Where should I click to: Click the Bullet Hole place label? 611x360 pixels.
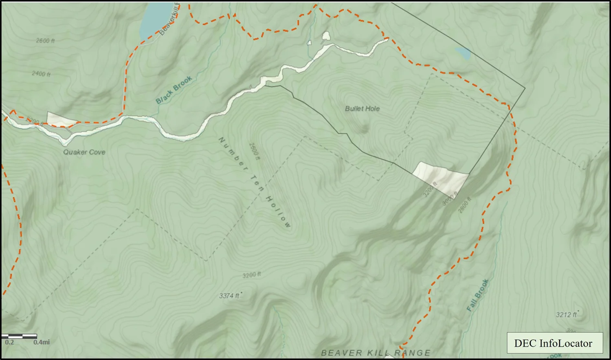[362, 108]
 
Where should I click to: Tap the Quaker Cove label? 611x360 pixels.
[84, 152]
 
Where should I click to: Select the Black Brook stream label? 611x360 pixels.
[174, 90]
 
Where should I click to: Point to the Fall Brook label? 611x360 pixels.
[477, 295]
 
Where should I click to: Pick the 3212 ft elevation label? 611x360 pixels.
[567, 314]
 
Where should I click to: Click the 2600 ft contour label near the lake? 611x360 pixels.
[45, 41]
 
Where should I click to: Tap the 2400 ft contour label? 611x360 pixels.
[41, 74]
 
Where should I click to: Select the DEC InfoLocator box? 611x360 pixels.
[554, 343]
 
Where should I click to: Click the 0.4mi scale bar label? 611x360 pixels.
[42, 342]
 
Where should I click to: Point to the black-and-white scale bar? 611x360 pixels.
[19, 336]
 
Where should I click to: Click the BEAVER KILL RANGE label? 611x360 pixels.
[375, 353]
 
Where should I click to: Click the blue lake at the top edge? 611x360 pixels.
[155, 18]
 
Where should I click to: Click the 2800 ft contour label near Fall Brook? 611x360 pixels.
[464, 205]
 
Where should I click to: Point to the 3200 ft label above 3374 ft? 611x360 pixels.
[251, 275]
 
